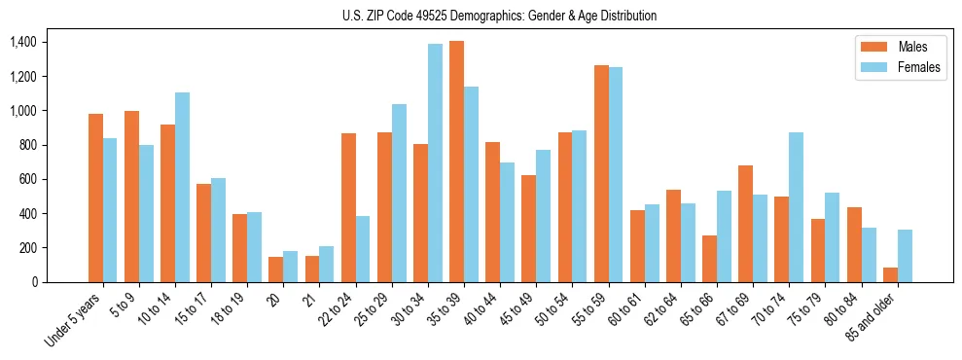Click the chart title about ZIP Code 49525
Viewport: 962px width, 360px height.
point(499,16)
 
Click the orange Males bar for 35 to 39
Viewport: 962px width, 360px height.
point(456,162)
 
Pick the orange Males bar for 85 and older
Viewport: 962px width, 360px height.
point(890,274)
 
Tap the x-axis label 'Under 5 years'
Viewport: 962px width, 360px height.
point(74,317)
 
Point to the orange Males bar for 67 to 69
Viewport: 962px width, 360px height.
point(745,224)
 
